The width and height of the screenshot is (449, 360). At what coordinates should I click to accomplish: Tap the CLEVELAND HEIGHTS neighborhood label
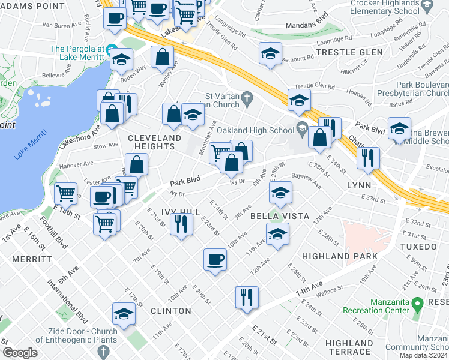155,143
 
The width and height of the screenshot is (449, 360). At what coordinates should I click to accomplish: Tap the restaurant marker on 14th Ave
246,296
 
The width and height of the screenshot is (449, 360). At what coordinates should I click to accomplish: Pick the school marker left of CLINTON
124,314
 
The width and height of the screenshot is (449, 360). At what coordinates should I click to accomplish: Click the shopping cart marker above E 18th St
65,193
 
